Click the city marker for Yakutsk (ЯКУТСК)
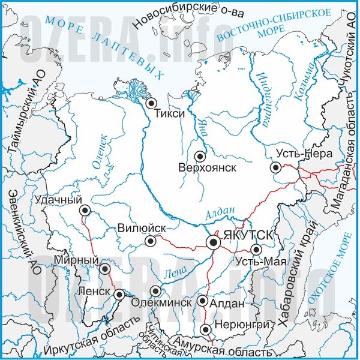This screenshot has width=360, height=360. click(213, 242)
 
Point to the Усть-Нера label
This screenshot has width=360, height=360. click(307, 154)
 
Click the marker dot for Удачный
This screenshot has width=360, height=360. click(85, 210)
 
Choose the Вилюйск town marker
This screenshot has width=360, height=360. click(151, 241)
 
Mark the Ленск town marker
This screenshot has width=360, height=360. click(119, 294)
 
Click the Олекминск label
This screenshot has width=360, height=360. click(161, 303)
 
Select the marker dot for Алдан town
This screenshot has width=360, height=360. click(203, 301)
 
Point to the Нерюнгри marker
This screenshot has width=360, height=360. click(206, 329)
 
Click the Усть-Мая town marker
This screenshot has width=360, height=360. click(256, 250)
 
